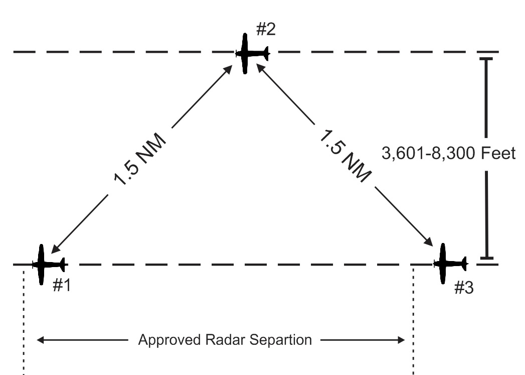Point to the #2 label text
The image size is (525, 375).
coord(265,30)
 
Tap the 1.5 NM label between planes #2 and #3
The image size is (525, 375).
coord(345,155)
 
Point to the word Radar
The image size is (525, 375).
coord(220,340)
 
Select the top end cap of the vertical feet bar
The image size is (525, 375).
coord(485,59)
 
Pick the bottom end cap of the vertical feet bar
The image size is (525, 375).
coord(485,259)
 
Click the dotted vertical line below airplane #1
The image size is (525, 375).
coord(23,321)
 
